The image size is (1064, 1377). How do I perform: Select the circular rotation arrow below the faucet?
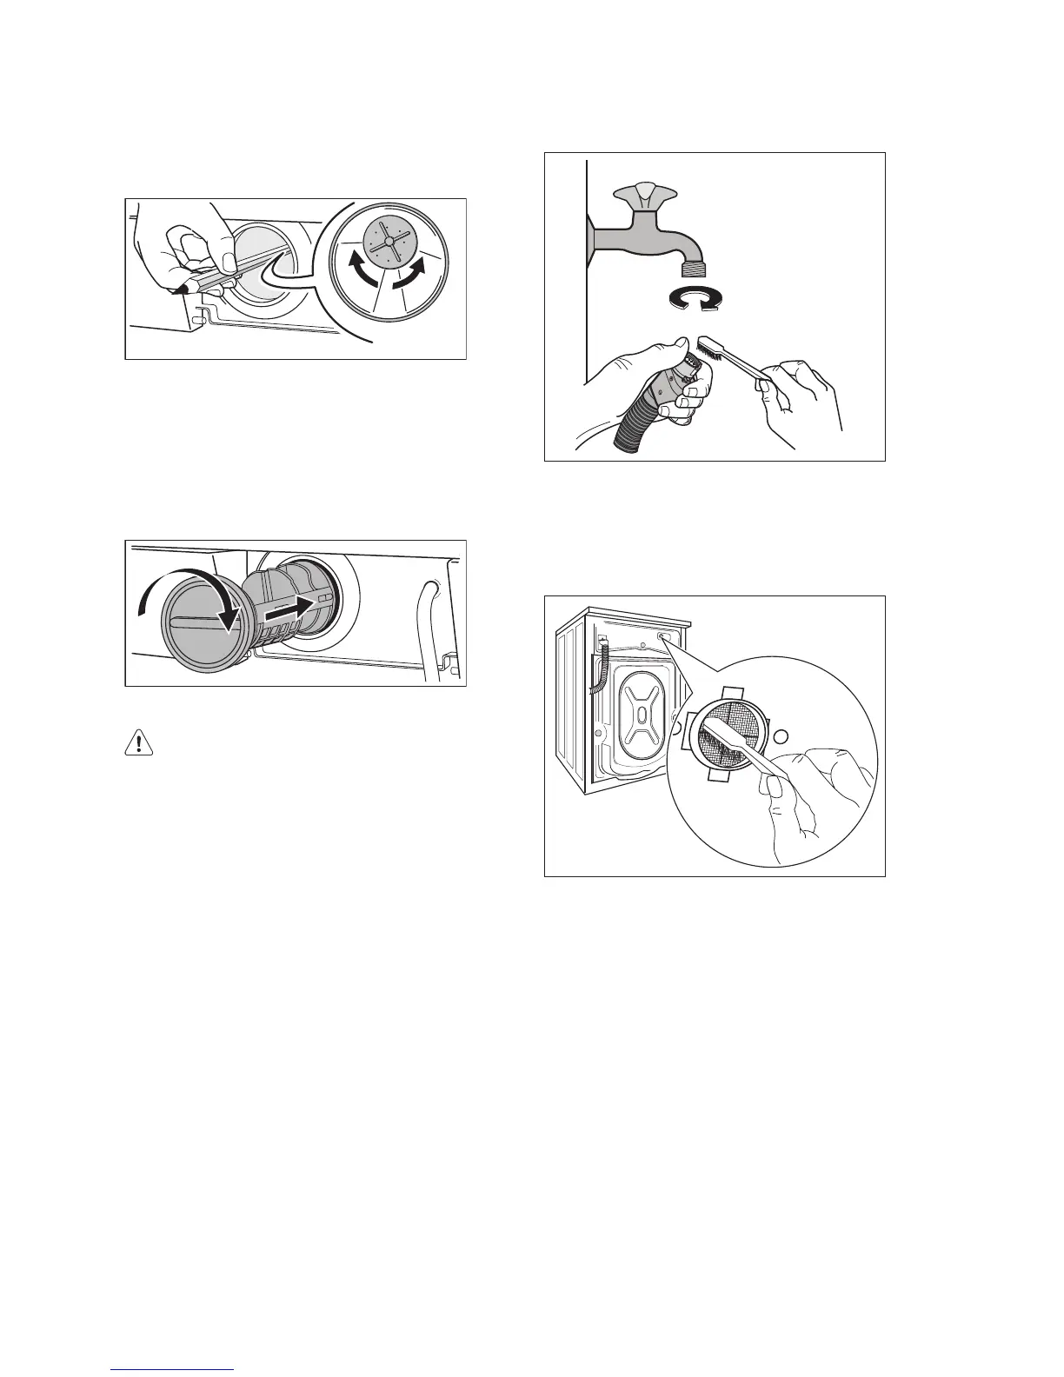coord(694,299)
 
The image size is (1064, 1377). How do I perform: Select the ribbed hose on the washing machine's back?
coord(599,668)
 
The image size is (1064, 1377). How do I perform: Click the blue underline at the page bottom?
coord(173,1369)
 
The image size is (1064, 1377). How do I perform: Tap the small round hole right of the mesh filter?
coord(780,735)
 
